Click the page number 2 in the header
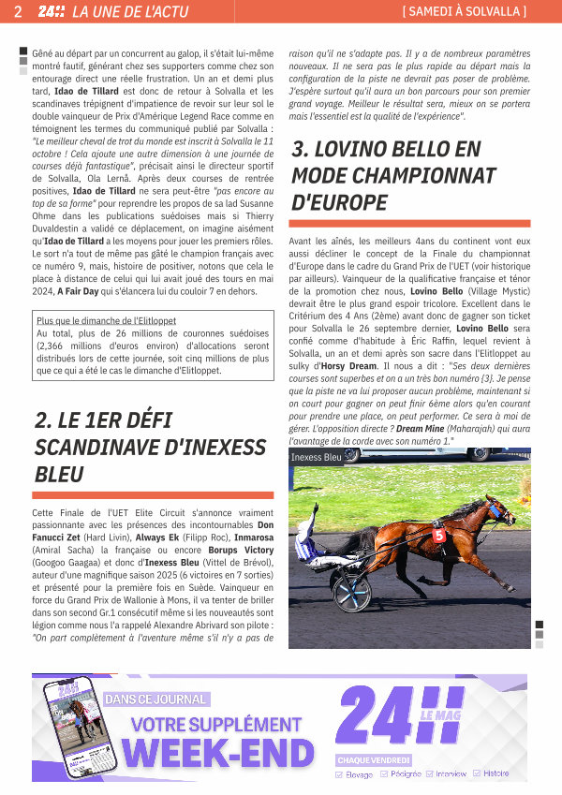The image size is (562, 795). pyautogui.click(x=18, y=12)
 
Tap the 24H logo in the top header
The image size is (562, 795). pyautogui.click(x=51, y=12)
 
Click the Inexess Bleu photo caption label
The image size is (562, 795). pyautogui.click(x=317, y=457)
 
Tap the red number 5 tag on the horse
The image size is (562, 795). pyautogui.click(x=438, y=536)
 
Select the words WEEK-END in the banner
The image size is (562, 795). pyautogui.click(x=218, y=754)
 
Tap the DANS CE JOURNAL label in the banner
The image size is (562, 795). pyautogui.click(x=155, y=699)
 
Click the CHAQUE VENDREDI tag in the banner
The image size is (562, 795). pyautogui.click(x=373, y=760)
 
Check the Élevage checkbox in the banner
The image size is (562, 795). pyautogui.click(x=340, y=774)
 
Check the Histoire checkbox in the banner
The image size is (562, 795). pyautogui.click(x=477, y=773)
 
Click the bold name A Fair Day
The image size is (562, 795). pyautogui.click(x=85, y=291)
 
